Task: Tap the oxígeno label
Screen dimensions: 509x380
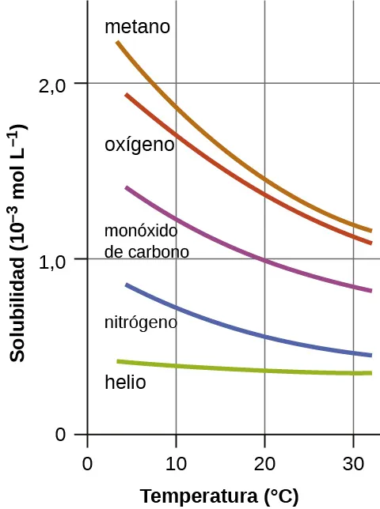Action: point(139,145)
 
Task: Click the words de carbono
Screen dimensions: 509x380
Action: point(146,253)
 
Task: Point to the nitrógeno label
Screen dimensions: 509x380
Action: point(140,322)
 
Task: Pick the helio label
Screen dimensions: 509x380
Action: point(125,383)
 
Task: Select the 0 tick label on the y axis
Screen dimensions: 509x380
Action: point(59,435)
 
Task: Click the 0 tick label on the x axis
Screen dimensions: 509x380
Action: point(87,463)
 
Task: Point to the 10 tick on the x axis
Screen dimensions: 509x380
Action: point(176,463)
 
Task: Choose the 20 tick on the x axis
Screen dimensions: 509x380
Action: point(264,463)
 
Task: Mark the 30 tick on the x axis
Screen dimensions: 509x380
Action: point(353,463)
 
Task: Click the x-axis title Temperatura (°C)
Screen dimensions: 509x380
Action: point(219,496)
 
